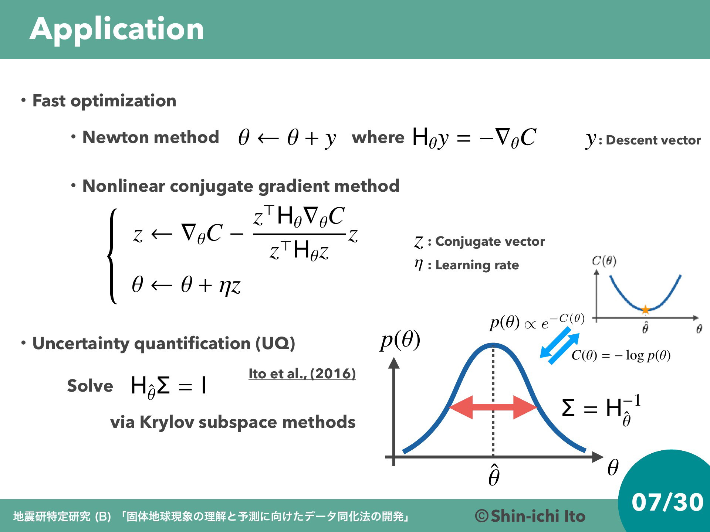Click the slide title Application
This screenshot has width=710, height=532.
[117, 30]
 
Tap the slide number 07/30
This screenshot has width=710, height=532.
[667, 502]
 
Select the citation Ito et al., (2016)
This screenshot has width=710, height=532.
[302, 374]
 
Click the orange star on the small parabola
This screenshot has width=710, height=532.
[645, 310]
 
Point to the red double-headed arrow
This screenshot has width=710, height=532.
[493, 407]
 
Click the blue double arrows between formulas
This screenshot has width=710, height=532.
[559, 346]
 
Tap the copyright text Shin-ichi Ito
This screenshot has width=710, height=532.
[530, 516]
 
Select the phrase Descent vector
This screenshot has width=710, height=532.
[653, 140]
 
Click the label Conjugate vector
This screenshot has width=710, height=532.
[490, 241]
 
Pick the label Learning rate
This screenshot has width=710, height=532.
[477, 265]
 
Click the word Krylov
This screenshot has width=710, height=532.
[167, 422]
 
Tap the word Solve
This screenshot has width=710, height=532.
[90, 386]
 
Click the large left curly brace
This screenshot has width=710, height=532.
[112, 256]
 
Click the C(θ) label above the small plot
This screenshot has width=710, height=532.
[604, 261]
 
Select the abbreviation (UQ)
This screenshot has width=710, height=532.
[275, 343]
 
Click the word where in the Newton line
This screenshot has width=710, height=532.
[378, 137]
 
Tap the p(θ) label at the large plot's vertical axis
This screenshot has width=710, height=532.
[400, 340]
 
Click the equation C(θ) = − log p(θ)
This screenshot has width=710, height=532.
[621, 355]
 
